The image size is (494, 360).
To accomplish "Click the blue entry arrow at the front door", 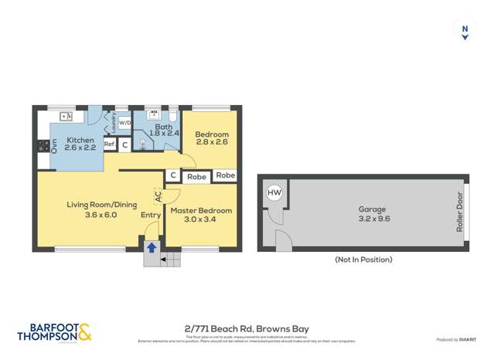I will [152, 248].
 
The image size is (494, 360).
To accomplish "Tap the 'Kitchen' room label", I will [80, 141].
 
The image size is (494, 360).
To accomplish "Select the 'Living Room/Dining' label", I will [92, 205].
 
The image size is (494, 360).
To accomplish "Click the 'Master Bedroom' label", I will [201, 211].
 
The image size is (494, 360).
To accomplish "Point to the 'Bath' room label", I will [163, 127].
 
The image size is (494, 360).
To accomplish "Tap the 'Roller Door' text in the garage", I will [459, 212].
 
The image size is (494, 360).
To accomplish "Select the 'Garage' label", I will [372, 209].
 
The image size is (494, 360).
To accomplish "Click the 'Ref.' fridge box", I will [110, 144].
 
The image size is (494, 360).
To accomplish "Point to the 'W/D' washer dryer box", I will [124, 121].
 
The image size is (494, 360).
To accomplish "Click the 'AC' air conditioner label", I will [158, 198].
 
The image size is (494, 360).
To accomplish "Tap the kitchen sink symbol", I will [66, 117].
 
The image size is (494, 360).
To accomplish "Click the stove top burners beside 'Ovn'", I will [43, 145].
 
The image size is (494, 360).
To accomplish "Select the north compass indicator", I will [465, 31].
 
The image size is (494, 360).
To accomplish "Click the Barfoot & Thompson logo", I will [54, 332].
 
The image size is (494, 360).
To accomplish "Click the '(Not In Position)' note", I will [363, 260].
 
